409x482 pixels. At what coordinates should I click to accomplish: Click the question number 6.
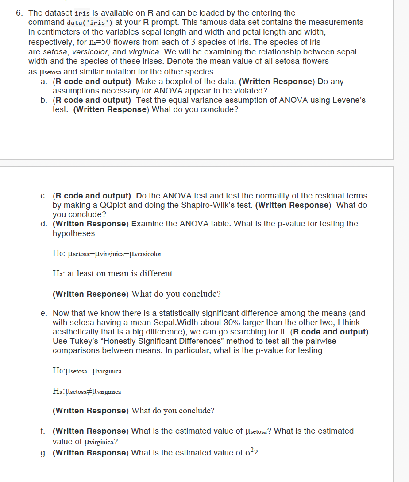click(19, 13)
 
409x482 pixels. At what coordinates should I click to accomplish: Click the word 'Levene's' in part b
click(347, 100)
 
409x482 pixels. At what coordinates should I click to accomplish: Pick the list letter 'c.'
click(43, 196)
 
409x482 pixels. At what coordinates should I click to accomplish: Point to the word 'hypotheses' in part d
click(73, 233)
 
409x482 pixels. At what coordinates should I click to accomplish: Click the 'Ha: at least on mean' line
click(112, 274)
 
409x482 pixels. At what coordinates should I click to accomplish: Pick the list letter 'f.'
click(43, 431)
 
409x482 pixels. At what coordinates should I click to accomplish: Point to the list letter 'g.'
click(43, 453)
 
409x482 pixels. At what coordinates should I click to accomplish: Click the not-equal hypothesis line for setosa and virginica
click(87, 392)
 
